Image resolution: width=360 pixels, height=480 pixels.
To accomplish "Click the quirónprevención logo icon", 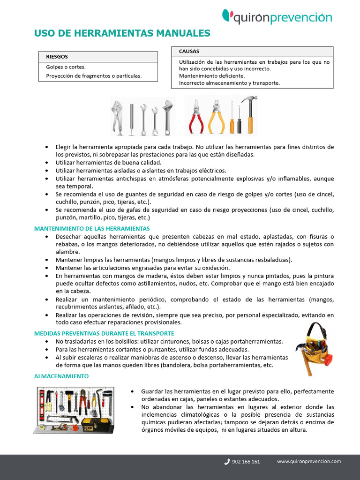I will [227, 15].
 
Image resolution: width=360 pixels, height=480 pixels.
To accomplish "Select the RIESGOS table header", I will [57, 57].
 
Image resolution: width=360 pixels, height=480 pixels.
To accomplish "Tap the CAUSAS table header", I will [189, 51].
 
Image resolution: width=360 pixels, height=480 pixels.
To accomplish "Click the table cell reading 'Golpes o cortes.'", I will [66, 67].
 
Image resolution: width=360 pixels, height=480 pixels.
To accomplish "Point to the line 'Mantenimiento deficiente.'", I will [211, 75].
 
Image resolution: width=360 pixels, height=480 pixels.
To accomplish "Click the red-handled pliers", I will [196, 116].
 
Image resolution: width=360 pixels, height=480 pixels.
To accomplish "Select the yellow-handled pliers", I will [216, 116].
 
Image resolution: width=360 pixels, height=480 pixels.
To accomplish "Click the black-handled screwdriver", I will [239, 120].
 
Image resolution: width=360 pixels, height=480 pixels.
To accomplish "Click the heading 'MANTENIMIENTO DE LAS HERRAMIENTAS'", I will [92, 228].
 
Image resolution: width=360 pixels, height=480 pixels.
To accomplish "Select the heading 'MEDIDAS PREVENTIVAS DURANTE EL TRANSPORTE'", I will [104, 333].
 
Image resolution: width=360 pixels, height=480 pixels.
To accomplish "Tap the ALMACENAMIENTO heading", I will [61, 376].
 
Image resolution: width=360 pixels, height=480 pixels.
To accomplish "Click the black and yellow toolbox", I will [97, 424].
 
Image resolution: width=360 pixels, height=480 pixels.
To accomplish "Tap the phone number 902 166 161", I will [246, 462].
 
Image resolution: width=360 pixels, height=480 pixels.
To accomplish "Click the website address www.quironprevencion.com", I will [308, 461].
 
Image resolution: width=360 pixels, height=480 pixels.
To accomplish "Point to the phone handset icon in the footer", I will [227, 462].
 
